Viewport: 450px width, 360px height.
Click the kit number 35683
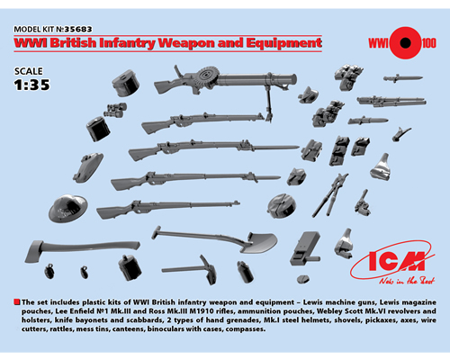(78, 29)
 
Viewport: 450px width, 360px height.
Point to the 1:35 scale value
(32, 85)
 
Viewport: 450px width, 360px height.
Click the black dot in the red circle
(405, 43)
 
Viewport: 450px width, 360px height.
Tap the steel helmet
(68, 208)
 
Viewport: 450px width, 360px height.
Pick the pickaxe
(191, 269)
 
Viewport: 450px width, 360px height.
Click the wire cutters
(330, 195)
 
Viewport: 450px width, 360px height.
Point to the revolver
(363, 203)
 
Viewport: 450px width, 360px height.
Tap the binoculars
(115, 110)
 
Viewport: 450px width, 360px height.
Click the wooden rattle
(304, 248)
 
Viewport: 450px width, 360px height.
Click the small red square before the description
(17, 302)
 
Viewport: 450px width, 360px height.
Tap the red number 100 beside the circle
(428, 43)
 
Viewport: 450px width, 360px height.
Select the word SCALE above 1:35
(29, 71)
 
